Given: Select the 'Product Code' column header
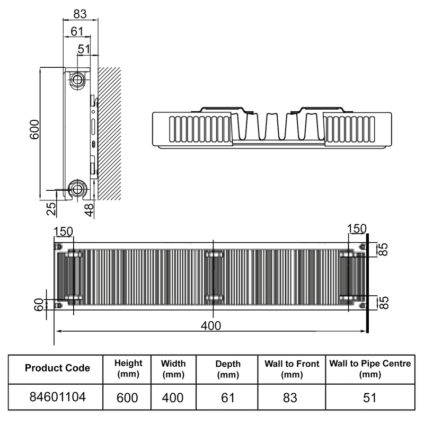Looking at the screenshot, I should [57, 368].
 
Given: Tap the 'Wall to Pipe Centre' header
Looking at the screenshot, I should [370, 368].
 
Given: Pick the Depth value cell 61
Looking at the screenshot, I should [227, 396].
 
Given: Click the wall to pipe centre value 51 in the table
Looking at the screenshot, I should [370, 396].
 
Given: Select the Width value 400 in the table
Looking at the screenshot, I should [173, 396].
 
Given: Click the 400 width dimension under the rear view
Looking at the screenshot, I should [211, 325].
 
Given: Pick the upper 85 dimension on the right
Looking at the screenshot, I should [383, 250].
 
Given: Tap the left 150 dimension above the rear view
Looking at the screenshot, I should [63, 232].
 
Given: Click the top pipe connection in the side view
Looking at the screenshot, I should [78, 81].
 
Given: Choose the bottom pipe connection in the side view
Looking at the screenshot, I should [78, 188].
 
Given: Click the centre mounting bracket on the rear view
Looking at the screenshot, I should [214, 277].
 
